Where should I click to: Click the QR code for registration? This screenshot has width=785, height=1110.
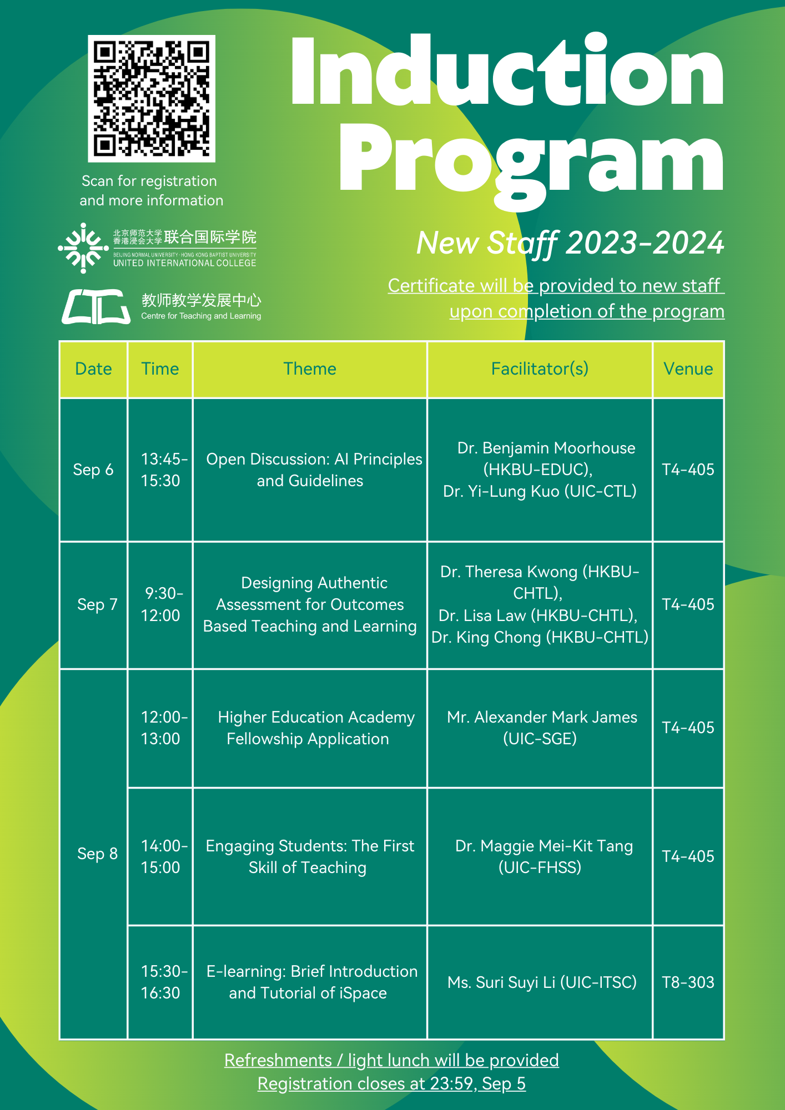[152, 99]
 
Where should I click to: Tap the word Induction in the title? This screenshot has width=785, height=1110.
[506, 71]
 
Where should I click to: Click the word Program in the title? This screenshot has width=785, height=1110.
[531, 161]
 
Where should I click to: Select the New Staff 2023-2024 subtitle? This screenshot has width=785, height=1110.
[570, 243]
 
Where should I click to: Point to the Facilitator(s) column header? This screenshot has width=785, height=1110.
[540, 369]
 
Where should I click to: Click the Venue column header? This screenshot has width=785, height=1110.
[688, 369]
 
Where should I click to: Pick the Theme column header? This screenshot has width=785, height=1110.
[310, 369]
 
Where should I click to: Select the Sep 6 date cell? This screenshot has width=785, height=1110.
[93, 470]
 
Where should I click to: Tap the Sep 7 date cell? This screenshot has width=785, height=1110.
[97, 604]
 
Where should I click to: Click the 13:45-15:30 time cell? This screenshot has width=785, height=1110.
[160, 470]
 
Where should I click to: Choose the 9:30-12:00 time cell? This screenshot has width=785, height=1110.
[160, 604]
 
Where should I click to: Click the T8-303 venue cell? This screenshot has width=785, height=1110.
[688, 982]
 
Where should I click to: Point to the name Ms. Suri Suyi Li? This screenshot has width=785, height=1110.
[501, 982]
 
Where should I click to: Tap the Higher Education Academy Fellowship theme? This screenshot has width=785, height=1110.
[310, 728]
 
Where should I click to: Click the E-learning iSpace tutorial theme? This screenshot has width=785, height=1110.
[310, 982]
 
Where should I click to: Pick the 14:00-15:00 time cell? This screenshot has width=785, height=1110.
[160, 856]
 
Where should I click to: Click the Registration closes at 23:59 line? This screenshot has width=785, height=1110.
[391, 1083]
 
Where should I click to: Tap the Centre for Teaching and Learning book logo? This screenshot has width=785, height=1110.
[95, 306]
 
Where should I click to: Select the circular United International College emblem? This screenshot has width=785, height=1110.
[83, 248]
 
